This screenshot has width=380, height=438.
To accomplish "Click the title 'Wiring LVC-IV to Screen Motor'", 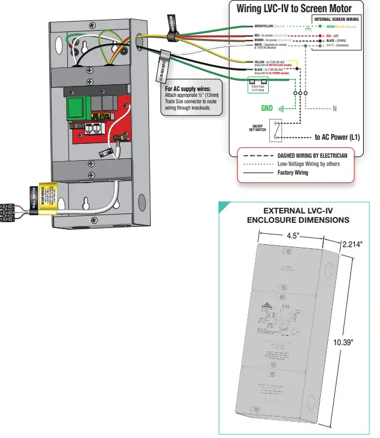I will coord(295,9).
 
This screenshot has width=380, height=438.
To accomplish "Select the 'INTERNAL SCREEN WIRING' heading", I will coord(336,19).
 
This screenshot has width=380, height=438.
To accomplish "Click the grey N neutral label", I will coord(334,108).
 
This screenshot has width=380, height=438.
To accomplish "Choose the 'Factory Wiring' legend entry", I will coord(293,173).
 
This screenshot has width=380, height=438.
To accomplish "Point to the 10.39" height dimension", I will coord(343,342).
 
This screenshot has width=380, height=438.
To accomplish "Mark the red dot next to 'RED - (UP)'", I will coord(313,35).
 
